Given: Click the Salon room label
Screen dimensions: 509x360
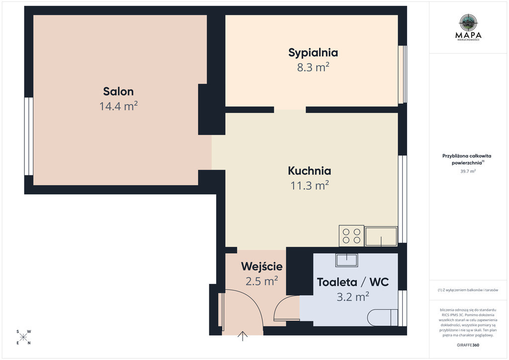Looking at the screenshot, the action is click(x=118, y=91).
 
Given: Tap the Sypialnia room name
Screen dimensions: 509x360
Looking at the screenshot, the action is click(x=313, y=53).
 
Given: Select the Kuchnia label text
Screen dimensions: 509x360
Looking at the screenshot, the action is click(x=309, y=171).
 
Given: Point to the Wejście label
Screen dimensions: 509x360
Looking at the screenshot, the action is click(x=261, y=267).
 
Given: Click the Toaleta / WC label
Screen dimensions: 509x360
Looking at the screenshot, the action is click(x=353, y=282).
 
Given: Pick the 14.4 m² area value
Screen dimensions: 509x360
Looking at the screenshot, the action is click(x=118, y=106).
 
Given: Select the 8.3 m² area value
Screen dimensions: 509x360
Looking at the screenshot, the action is click(x=313, y=67).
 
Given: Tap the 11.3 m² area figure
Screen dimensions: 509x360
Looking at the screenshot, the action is click(x=309, y=185).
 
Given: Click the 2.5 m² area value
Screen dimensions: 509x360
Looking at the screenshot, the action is click(x=261, y=281).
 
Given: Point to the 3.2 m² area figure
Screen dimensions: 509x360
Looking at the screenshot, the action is click(x=353, y=296).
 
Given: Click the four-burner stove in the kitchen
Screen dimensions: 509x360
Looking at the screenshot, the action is click(x=351, y=236).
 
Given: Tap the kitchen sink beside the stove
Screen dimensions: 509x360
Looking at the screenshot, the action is click(x=381, y=236).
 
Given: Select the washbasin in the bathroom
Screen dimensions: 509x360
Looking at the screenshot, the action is click(x=346, y=260).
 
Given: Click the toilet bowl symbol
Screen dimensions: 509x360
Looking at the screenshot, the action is click(x=383, y=317).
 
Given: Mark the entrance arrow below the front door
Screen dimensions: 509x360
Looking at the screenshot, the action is click(x=243, y=336).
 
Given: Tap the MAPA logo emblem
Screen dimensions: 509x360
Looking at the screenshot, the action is click(x=468, y=23).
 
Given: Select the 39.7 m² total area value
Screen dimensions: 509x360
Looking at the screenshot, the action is click(x=468, y=172).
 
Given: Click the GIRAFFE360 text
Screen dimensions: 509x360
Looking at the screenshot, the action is click(x=468, y=345).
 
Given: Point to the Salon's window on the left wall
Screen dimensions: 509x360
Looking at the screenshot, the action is click(x=29, y=136).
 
